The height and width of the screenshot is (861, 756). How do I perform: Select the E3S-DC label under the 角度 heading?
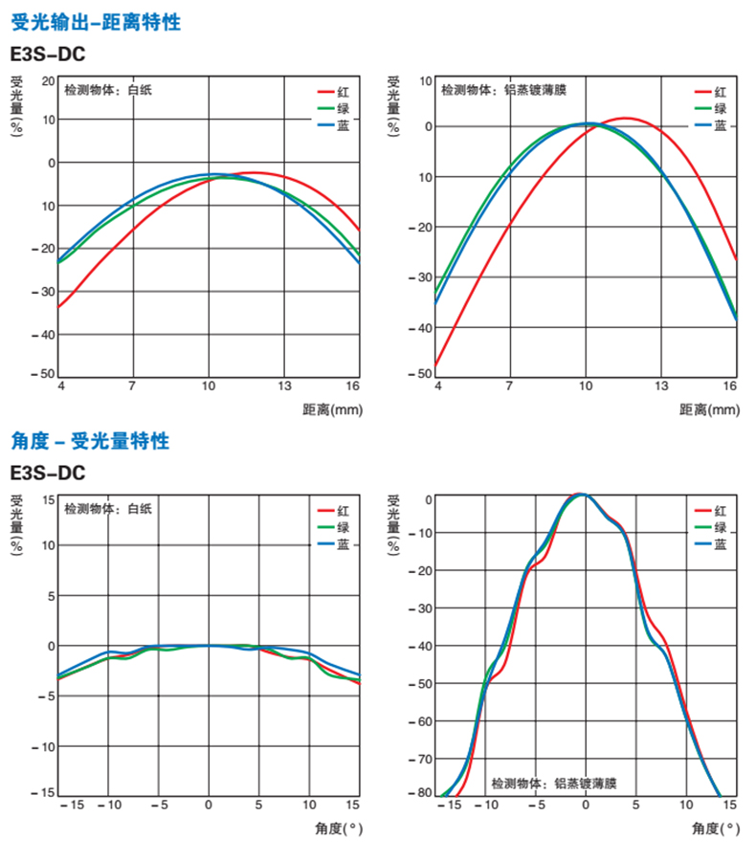(x=47, y=473)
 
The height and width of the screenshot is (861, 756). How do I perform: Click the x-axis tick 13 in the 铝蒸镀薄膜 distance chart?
(x=659, y=386)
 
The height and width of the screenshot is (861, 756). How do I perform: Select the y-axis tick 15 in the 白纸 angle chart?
(x=48, y=498)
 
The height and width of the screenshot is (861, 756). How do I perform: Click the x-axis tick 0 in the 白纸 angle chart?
(x=208, y=805)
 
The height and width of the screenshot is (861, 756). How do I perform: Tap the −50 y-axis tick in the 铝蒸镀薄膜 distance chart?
(x=419, y=375)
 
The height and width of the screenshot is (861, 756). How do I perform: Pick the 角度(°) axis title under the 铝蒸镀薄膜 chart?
(x=713, y=828)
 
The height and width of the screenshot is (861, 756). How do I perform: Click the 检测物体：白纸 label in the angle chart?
(x=108, y=509)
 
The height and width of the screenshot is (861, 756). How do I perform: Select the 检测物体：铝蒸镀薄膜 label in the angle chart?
(x=554, y=784)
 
